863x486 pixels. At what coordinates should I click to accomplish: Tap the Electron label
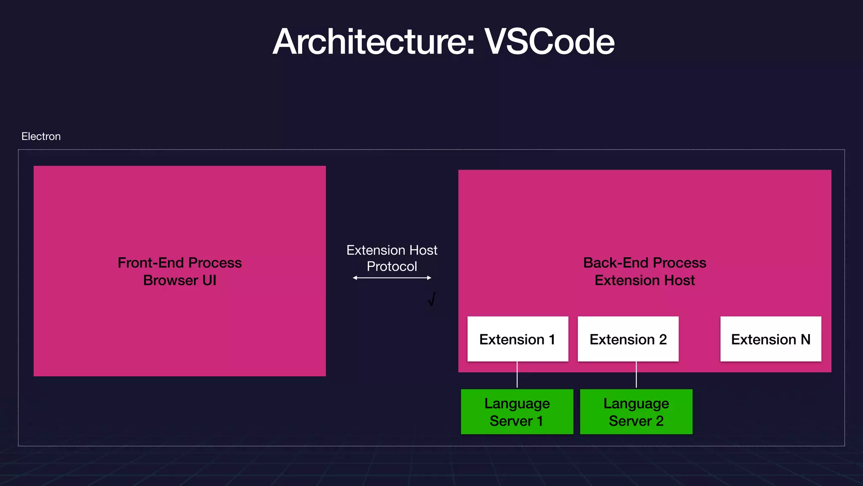(x=41, y=136)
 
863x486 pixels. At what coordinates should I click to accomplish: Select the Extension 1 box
(x=517, y=339)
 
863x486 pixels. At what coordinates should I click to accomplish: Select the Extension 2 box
(x=628, y=339)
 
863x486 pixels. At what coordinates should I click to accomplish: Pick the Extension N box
(x=770, y=339)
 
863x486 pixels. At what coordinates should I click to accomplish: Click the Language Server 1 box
(x=517, y=412)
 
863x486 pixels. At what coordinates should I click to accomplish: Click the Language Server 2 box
(x=636, y=412)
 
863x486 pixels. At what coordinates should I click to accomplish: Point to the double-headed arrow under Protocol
(x=392, y=278)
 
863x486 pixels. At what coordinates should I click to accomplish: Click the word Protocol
(x=392, y=266)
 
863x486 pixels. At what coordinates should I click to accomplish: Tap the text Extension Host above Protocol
(x=392, y=250)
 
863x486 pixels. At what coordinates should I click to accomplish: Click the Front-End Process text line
(x=180, y=263)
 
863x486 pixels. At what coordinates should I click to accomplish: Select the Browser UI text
(x=180, y=281)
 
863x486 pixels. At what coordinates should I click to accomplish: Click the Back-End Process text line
(x=644, y=263)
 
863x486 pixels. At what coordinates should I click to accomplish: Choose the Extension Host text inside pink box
(x=644, y=281)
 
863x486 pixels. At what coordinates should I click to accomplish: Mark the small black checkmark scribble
(x=431, y=300)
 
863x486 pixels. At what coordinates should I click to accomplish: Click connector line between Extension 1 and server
(x=517, y=375)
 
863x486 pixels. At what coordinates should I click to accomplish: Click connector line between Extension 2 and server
(x=636, y=375)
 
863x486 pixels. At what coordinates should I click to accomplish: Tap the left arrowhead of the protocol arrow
(x=355, y=278)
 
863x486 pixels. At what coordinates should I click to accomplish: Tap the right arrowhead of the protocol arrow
(x=429, y=278)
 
